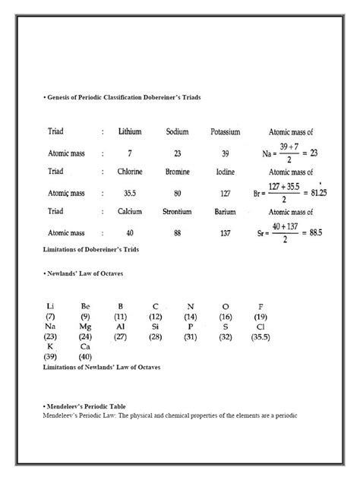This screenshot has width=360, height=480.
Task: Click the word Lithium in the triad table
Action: [x=130, y=132]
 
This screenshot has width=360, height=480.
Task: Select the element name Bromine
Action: [x=177, y=172]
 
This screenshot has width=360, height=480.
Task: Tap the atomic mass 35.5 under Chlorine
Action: [x=130, y=192]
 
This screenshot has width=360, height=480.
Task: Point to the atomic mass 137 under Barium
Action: [x=225, y=232]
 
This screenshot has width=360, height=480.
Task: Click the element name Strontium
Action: [x=177, y=211]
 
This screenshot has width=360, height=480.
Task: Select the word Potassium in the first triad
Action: [x=225, y=132]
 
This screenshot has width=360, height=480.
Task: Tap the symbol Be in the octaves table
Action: [x=85, y=306]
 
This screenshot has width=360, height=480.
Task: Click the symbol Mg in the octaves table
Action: [x=85, y=326]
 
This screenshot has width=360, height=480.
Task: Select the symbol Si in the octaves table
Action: [x=155, y=326]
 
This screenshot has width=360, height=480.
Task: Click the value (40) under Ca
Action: [x=85, y=355]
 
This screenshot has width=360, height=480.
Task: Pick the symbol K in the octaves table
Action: [x=50, y=346]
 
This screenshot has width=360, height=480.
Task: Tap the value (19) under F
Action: [x=261, y=316]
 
